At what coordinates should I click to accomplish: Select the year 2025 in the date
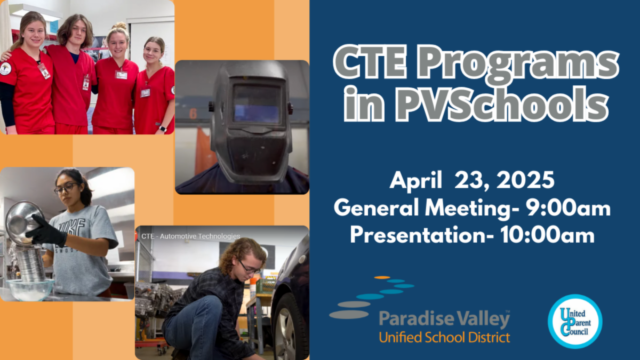(525, 180)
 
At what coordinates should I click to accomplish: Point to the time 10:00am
(548, 235)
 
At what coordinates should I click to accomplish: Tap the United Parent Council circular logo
(575, 322)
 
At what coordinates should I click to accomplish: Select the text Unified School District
(444, 337)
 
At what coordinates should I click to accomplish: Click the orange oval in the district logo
(382, 277)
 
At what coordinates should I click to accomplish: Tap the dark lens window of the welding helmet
(257, 103)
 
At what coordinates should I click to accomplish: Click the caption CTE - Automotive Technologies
(190, 236)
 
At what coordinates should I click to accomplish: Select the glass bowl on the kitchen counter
(30, 289)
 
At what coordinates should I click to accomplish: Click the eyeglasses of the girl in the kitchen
(67, 188)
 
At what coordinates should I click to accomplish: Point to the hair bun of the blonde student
(119, 26)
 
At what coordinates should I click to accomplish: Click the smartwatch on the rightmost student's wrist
(163, 129)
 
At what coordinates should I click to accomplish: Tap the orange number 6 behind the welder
(193, 114)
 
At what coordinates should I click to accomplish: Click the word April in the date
(416, 181)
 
